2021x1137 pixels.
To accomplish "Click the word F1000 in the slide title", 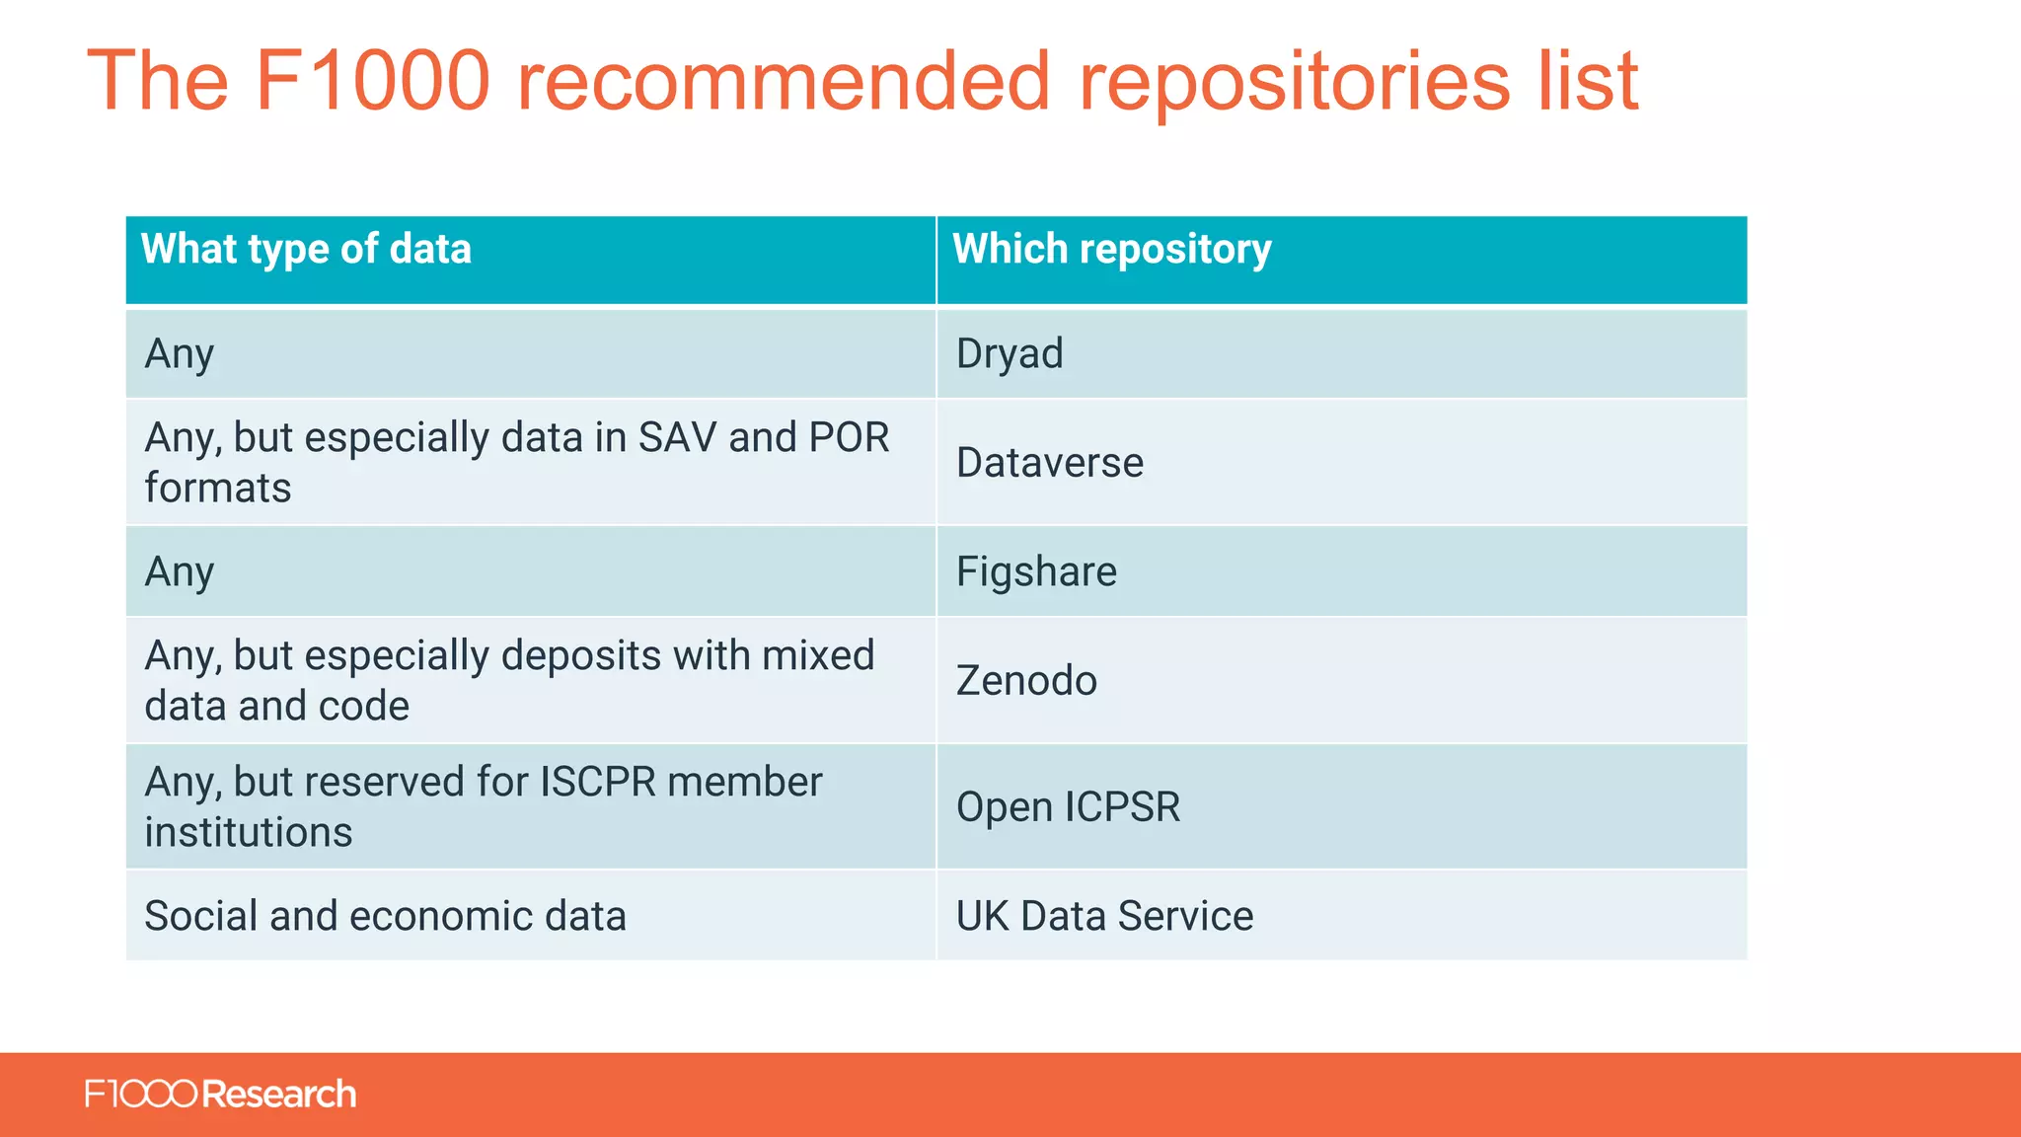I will (x=372, y=81).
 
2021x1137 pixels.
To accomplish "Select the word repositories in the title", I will (x=1294, y=81).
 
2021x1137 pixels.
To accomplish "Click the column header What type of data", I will (x=306, y=249).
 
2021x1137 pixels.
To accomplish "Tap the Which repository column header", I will (x=1111, y=249).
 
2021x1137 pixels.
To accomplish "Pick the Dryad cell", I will (x=1010, y=353).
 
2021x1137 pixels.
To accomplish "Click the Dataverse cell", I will (x=1049, y=462).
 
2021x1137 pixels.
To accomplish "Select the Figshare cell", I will (x=1036, y=571).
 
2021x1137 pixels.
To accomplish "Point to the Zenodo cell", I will (x=1026, y=680).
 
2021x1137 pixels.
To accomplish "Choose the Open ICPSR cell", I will (x=1068, y=806).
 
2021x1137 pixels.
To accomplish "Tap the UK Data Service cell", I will (x=1104, y=916).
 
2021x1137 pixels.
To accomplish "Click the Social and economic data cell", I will (x=385, y=916).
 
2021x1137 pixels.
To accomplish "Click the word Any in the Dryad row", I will (x=179, y=353).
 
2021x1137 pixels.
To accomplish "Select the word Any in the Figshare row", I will (x=179, y=571).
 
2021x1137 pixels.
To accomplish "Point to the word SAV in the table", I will (x=677, y=437).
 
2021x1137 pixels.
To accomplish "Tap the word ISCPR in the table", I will (x=597, y=782).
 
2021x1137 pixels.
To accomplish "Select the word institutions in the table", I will (x=248, y=832).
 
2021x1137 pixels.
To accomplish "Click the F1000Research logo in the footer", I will (x=220, y=1095).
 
